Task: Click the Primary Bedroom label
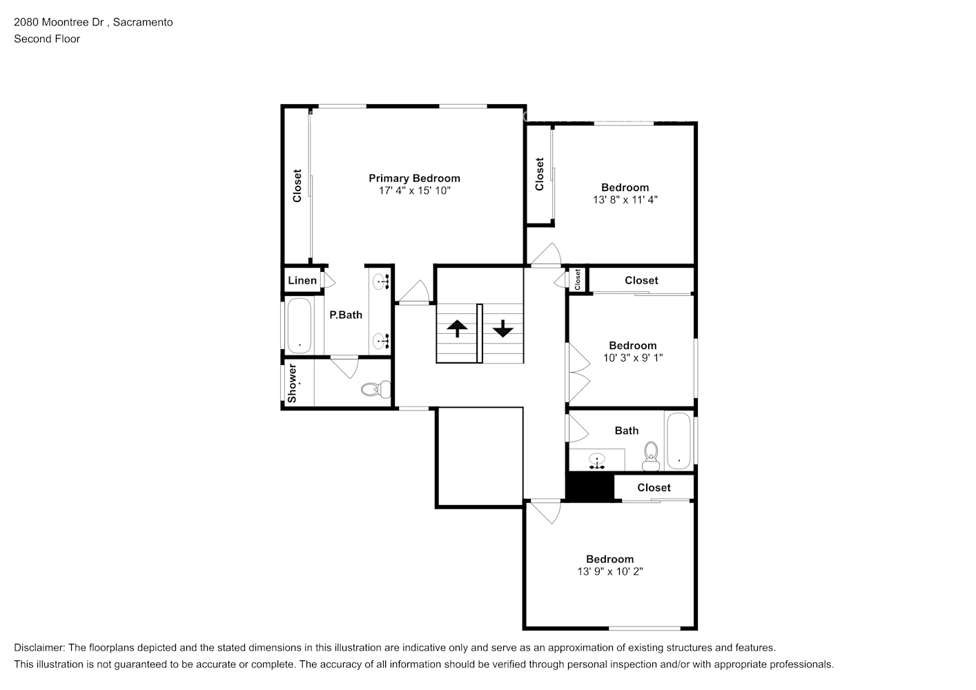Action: point(414,178)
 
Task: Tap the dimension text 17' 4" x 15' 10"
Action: point(414,190)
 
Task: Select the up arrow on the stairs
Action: point(457,328)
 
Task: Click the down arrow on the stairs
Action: point(502,328)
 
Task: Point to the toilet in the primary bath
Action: point(373,389)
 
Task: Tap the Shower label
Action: point(292,383)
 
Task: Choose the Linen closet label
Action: point(302,280)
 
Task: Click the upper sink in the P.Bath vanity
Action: point(380,281)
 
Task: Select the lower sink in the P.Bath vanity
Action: point(380,340)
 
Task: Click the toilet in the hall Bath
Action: point(650,455)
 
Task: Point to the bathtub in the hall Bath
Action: point(679,441)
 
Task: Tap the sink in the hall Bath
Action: point(596,460)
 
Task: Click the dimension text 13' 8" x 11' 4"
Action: point(625,199)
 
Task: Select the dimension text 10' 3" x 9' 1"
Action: point(632,357)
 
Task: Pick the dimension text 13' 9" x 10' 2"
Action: point(609,571)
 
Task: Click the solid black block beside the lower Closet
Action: point(589,486)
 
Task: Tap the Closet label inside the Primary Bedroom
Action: point(297,186)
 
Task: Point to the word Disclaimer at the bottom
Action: point(39,648)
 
